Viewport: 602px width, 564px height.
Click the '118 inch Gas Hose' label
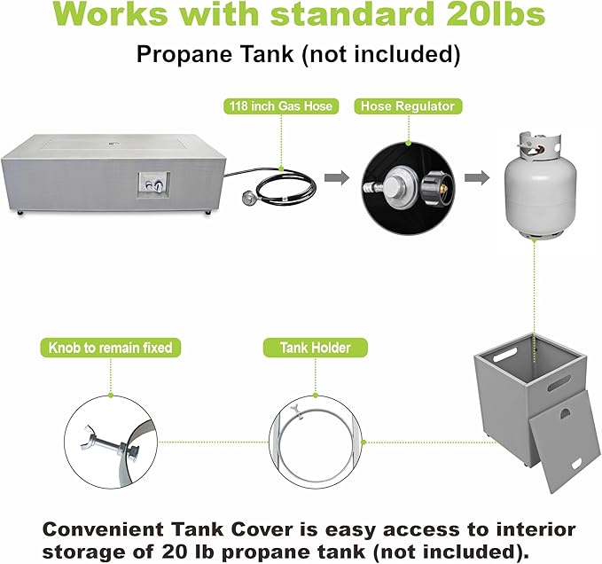pos(281,106)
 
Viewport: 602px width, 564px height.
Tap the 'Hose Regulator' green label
pos(408,106)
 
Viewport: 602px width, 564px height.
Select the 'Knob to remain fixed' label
pos(111,348)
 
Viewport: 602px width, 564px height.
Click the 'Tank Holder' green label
pos(316,348)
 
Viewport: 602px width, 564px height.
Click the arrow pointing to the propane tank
pos(477,177)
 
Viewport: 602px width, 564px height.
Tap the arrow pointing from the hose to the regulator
pos(337,177)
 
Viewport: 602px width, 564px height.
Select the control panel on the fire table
pos(154,185)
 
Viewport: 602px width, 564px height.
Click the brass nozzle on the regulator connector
pos(443,189)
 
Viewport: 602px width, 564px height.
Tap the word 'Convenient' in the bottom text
pos(103,529)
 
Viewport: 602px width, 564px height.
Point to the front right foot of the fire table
pos(207,212)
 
